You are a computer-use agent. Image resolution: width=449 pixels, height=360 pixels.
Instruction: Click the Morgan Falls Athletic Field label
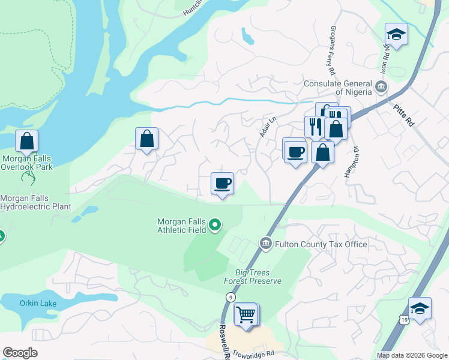(181, 225)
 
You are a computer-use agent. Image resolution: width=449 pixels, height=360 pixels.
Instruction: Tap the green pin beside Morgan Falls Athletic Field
(215, 226)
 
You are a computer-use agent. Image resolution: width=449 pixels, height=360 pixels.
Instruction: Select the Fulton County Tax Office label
(321, 244)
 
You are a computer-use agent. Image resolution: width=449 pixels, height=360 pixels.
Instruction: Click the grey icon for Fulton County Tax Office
(265, 243)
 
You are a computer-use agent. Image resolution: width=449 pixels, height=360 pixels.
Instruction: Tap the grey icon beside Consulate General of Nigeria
(381, 88)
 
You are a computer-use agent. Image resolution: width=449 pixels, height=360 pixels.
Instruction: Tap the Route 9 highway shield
(230, 298)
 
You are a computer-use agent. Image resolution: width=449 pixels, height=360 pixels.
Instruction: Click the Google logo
(20, 353)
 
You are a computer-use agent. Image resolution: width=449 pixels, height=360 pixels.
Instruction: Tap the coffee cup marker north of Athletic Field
(222, 183)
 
